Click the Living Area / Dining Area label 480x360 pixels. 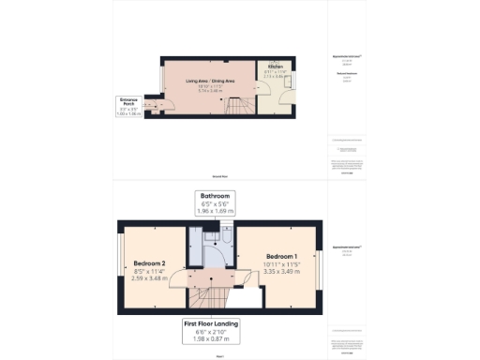coord(209,82)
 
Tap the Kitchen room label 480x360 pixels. coord(276,67)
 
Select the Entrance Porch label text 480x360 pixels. coord(129,100)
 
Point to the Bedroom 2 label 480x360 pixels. coord(149,263)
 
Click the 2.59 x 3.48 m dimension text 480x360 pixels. coord(149,278)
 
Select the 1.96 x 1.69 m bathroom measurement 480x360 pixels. coord(215,212)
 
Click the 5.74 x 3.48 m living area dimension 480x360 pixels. coord(209,92)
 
